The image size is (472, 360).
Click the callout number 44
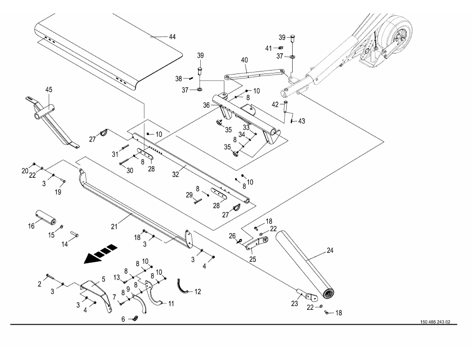pyautogui.click(x=172, y=37)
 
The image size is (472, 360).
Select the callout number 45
pyautogui.click(x=49, y=89)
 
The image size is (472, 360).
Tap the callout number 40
pyautogui.click(x=244, y=60)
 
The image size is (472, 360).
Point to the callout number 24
pyautogui.click(x=330, y=251)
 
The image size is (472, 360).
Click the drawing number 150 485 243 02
pyautogui.click(x=435, y=322)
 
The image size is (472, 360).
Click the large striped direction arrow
pyautogui.click(x=100, y=254)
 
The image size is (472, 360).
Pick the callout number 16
pyautogui.click(x=31, y=226)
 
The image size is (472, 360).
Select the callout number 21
pyautogui.click(x=114, y=226)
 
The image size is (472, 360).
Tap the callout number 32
pyautogui.click(x=175, y=174)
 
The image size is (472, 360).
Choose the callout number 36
pyautogui.click(x=206, y=105)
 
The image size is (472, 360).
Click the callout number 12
pyautogui.click(x=197, y=292)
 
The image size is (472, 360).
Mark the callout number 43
pyautogui.click(x=301, y=121)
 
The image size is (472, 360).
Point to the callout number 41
pyautogui.click(x=268, y=49)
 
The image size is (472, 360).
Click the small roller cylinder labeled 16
pyautogui.click(x=46, y=217)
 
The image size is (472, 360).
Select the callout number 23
pyautogui.click(x=295, y=304)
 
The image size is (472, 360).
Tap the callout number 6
pyautogui.click(x=123, y=319)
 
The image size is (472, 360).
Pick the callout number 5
pyautogui.click(x=103, y=279)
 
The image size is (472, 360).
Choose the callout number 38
pyautogui.click(x=179, y=79)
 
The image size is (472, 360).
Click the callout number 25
pyautogui.click(x=253, y=259)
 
